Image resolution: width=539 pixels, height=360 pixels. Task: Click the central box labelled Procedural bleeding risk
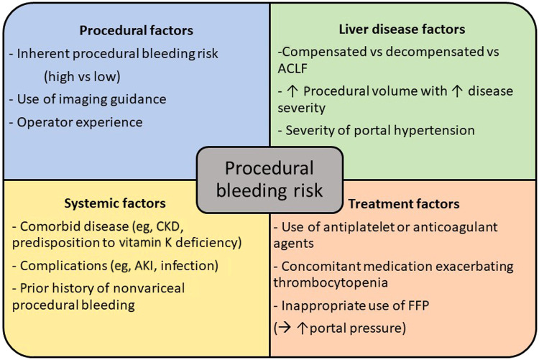[269, 179]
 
